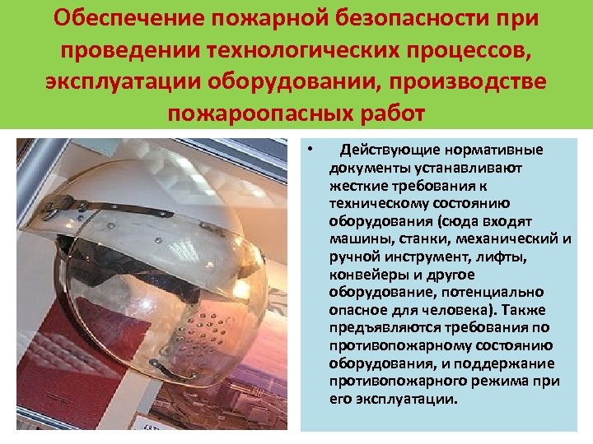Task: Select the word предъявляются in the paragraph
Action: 380,328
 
